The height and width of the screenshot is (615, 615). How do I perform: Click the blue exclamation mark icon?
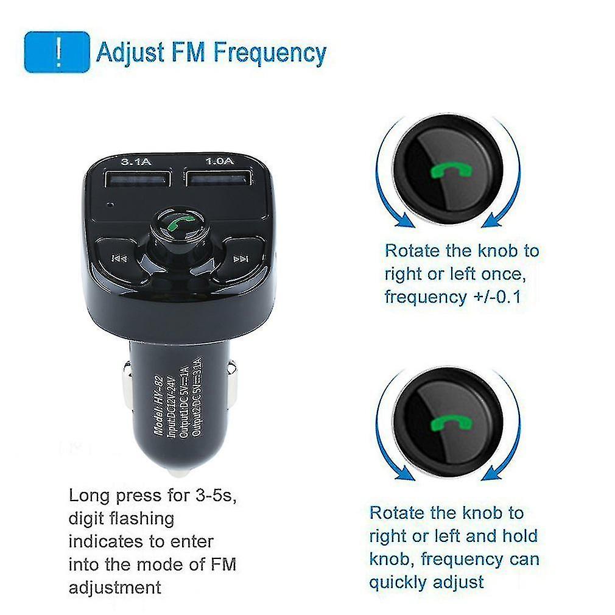(x=57, y=52)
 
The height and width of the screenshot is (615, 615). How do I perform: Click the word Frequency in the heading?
(x=270, y=54)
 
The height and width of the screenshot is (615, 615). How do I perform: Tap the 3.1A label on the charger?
(x=136, y=161)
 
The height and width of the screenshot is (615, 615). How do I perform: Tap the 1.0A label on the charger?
(x=220, y=161)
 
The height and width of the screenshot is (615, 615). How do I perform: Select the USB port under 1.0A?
(x=219, y=178)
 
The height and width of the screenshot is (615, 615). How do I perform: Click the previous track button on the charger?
(x=119, y=258)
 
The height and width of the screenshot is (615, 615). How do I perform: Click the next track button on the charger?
(x=241, y=259)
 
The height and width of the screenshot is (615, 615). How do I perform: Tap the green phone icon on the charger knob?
(x=180, y=224)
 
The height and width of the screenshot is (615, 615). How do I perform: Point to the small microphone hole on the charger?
(x=111, y=205)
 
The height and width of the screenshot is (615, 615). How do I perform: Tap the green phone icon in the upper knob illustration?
(x=451, y=171)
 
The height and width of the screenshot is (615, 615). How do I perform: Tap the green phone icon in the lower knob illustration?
(x=451, y=424)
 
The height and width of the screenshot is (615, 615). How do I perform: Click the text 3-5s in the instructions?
(x=216, y=496)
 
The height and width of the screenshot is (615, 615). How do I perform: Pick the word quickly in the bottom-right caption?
(x=397, y=583)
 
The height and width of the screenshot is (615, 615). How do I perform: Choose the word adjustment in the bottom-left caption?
(x=115, y=588)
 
